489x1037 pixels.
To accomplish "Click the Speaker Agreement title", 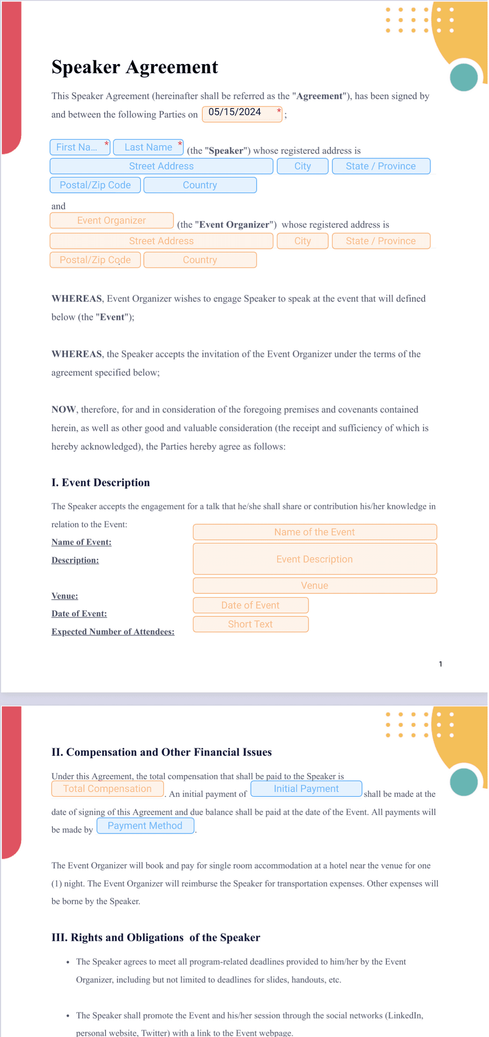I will point(134,67).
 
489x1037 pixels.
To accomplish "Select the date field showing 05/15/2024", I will point(242,113).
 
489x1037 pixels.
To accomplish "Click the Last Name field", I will point(148,147).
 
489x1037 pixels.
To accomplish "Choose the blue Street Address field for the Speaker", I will point(161,166).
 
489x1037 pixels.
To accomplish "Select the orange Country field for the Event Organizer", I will point(200,260).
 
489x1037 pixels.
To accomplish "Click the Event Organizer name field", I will point(111,220).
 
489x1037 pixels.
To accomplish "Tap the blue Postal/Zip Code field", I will point(95,185).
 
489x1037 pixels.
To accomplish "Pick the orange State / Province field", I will point(381,241).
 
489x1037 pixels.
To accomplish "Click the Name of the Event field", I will point(315,532).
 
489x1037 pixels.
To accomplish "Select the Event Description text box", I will point(315,559).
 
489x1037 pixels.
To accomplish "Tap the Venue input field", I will point(315,585).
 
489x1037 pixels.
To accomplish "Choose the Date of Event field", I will point(251,605).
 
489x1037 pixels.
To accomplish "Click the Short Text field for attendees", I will point(251,624).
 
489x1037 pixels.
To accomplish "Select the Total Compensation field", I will point(107,789).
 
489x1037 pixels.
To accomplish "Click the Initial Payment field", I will point(306,789).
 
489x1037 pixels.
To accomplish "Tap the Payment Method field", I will point(145,825).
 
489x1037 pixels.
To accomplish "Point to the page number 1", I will point(440,664).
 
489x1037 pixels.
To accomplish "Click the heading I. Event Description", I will point(101,482).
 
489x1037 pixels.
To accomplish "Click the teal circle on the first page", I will point(464,77).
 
